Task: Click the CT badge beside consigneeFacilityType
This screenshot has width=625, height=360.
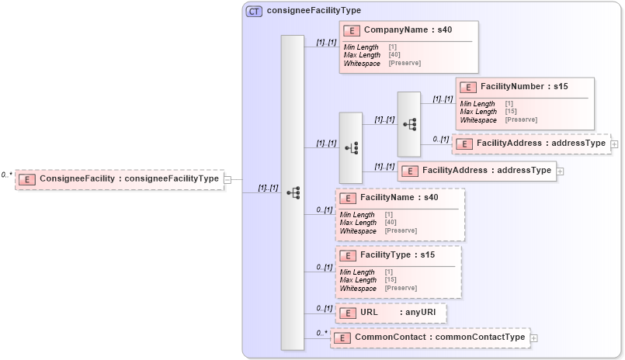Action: point(254,12)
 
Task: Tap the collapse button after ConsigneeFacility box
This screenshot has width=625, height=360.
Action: point(227,180)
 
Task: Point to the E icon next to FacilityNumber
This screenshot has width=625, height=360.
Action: point(467,87)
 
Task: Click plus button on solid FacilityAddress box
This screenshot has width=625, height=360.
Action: point(560,171)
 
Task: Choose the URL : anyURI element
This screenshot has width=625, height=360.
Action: point(391,313)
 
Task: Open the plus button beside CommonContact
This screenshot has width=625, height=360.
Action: point(533,338)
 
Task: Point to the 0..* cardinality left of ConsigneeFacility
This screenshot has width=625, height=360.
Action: point(6,175)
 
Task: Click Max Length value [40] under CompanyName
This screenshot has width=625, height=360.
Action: point(394,55)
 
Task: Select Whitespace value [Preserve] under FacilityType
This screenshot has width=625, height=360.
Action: point(401,288)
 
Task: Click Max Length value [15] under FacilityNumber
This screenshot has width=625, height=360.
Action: point(510,112)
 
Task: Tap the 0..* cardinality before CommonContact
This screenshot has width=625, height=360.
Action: point(320,334)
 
